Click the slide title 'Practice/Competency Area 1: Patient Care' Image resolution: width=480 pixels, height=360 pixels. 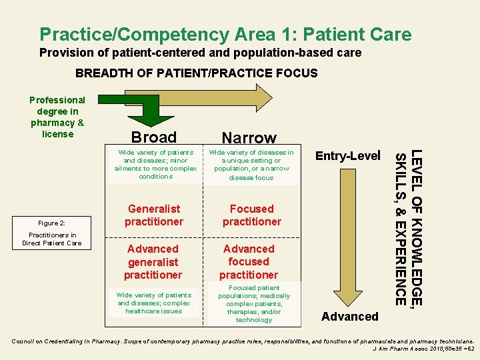click(x=225, y=34)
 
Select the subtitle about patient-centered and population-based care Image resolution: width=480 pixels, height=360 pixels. click(x=200, y=53)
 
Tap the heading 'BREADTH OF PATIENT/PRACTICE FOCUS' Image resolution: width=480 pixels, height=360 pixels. click(x=197, y=73)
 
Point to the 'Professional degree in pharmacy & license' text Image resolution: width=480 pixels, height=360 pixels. click(x=57, y=117)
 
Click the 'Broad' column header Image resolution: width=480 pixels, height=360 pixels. click(x=154, y=137)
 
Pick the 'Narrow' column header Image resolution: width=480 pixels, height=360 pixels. click(x=249, y=138)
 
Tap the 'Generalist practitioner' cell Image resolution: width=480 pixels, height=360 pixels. click(x=153, y=215)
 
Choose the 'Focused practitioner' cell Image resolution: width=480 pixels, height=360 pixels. click(x=251, y=215)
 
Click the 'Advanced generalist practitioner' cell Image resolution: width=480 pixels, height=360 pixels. click(x=153, y=261)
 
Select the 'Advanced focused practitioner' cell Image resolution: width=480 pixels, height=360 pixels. click(x=249, y=261)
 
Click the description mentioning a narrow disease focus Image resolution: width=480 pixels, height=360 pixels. click(x=251, y=165)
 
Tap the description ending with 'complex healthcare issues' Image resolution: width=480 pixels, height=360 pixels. click(x=153, y=303)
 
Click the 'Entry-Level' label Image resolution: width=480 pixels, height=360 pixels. click(x=347, y=156)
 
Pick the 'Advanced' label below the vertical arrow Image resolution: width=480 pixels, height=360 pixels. click(x=349, y=316)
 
